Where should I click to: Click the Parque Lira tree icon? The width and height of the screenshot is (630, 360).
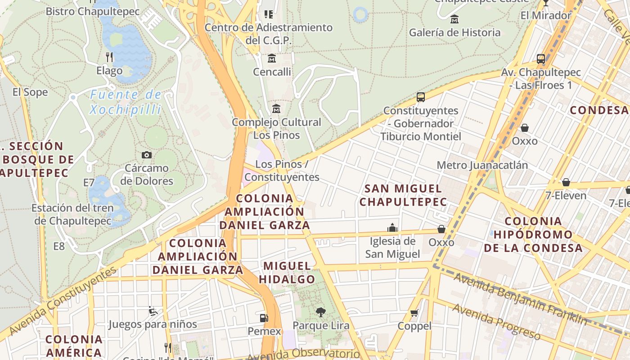coord(320,311)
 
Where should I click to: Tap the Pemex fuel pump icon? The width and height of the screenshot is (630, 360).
coord(264,318)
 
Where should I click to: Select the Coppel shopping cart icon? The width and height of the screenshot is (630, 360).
coord(414,313)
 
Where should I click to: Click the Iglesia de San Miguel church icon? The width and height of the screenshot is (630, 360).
coord(392,228)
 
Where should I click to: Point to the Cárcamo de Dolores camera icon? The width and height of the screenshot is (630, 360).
coord(146,155)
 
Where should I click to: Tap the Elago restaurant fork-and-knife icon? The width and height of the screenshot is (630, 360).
coord(109,57)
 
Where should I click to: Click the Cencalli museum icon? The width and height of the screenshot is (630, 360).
coord(272,58)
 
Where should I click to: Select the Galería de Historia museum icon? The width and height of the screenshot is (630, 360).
coord(454,19)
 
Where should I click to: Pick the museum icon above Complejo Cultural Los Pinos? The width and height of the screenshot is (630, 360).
coord(276,109)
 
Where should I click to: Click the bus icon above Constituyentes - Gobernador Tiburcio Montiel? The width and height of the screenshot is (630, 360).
coord(421,97)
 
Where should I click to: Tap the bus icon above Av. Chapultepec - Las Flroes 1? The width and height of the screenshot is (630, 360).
coord(541,59)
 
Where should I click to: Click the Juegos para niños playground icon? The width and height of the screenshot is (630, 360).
coord(153,310)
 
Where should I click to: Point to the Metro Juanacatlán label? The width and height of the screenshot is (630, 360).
coord(482,165)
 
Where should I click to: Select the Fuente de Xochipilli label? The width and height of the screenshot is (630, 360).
coord(126,102)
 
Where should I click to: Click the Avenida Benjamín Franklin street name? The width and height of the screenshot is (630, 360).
coord(520,299)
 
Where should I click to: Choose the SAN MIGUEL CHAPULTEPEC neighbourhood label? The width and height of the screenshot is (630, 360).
coord(403,195)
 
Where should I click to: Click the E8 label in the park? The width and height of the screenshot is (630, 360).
coord(59,246)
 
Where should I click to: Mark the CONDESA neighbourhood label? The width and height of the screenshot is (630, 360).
coord(598,110)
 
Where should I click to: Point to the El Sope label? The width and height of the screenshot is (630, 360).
coord(30,92)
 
